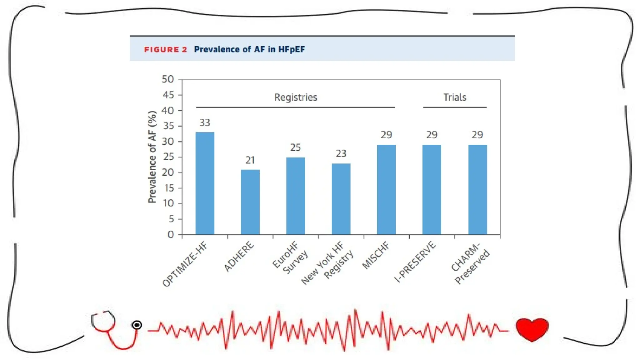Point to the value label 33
coord(205,123)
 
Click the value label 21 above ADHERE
coord(250,160)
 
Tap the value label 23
coord(341,154)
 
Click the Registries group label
coord(296,97)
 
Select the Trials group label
coord(455,97)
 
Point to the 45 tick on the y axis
coord(168,95)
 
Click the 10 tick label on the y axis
coord(168,203)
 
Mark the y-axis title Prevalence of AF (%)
coord(152,157)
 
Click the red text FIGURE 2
coord(165,50)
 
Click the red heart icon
coord(532,329)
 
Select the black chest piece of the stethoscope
coord(137,325)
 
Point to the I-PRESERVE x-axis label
coord(415,262)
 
